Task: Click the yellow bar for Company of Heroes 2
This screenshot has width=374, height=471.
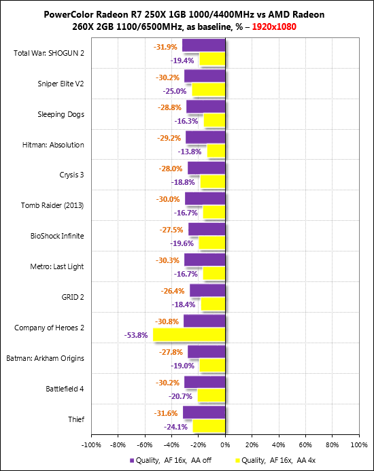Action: [x=189, y=334]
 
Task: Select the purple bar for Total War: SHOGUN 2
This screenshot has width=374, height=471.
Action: [x=204, y=46]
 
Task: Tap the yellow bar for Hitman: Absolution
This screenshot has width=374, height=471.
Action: [x=216, y=151]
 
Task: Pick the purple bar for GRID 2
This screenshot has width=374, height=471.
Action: [x=207, y=290]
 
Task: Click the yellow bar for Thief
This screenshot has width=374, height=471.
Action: [x=209, y=426]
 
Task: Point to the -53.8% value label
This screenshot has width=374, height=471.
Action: [x=136, y=335]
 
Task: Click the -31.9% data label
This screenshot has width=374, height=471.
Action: [x=165, y=47]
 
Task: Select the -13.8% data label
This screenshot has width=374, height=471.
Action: [x=190, y=152]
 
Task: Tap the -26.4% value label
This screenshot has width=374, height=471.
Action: [x=173, y=291]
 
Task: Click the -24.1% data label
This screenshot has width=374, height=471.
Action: [x=175, y=427]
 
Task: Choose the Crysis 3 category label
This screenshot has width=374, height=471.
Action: [x=71, y=175]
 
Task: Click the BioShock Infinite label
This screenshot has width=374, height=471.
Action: [x=57, y=236]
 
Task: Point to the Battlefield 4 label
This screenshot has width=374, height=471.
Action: [x=65, y=389]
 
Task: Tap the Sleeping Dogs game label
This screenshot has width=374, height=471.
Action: [x=61, y=114]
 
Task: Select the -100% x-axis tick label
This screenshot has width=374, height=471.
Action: [x=91, y=445]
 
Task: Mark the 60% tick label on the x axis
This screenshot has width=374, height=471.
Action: [x=305, y=445]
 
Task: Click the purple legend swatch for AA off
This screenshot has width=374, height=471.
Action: [x=132, y=461]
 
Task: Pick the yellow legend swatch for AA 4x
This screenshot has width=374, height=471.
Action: [x=237, y=461]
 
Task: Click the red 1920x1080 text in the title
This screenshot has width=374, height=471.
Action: [x=274, y=27]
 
